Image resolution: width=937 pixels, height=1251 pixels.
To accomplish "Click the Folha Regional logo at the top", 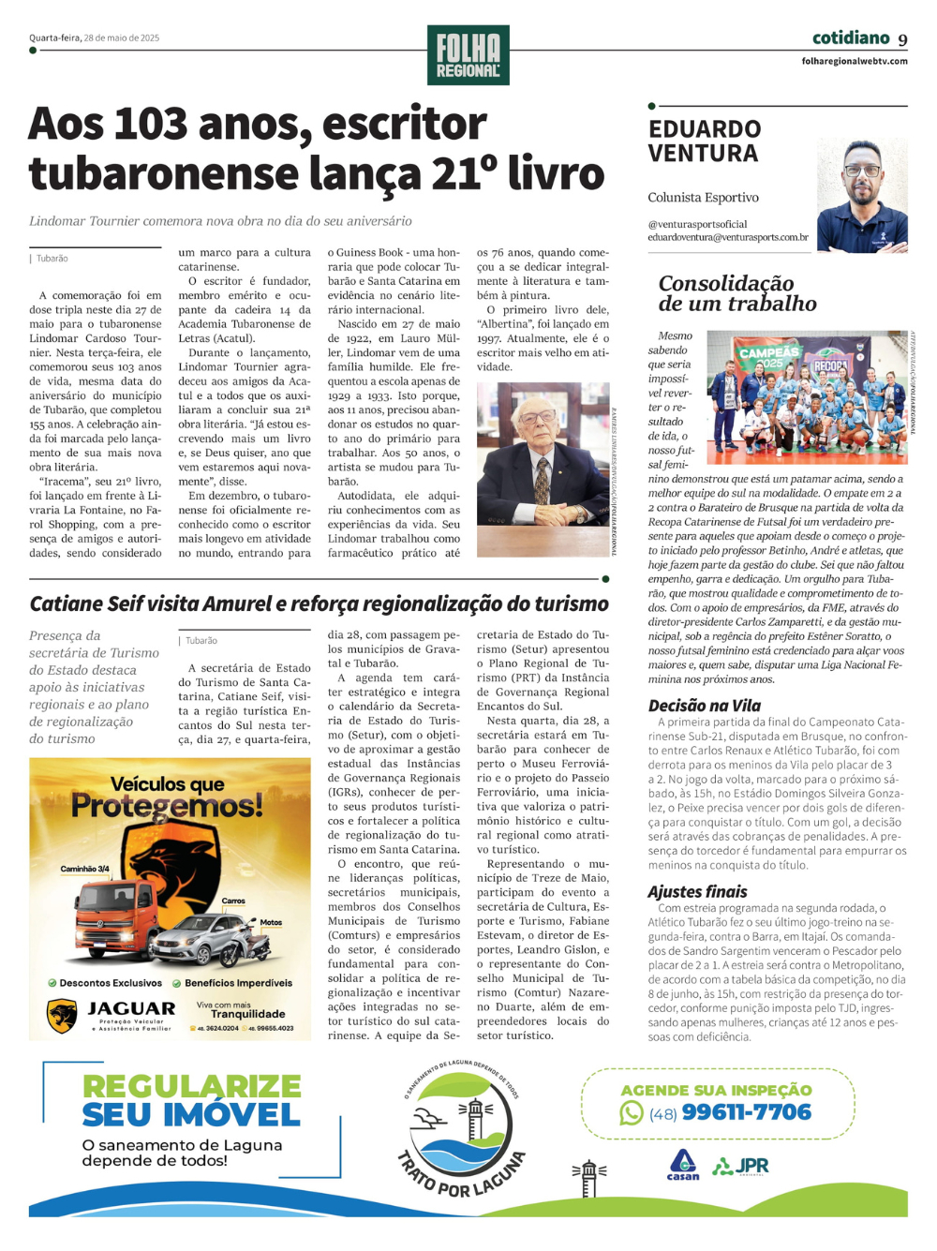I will [x=468, y=55].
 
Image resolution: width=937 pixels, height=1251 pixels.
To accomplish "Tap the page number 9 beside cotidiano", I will [x=902, y=39].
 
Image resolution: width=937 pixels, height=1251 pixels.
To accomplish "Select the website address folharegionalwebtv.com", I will [x=855, y=61].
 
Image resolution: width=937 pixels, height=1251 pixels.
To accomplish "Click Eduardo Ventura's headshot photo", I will [x=862, y=195].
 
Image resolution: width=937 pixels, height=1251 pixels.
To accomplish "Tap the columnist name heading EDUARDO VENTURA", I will [x=704, y=141].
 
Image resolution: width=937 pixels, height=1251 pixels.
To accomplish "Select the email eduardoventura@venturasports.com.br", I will [x=727, y=237].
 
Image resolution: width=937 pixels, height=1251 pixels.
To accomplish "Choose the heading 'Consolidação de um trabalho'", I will [x=736, y=292].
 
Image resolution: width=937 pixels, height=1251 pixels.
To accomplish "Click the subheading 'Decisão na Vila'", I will [x=704, y=706].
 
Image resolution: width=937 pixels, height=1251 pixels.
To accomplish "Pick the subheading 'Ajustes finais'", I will [x=697, y=891].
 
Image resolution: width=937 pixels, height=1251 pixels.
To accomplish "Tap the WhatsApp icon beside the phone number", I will [x=632, y=1112].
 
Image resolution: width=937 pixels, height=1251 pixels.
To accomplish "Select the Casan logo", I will [x=682, y=1165].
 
